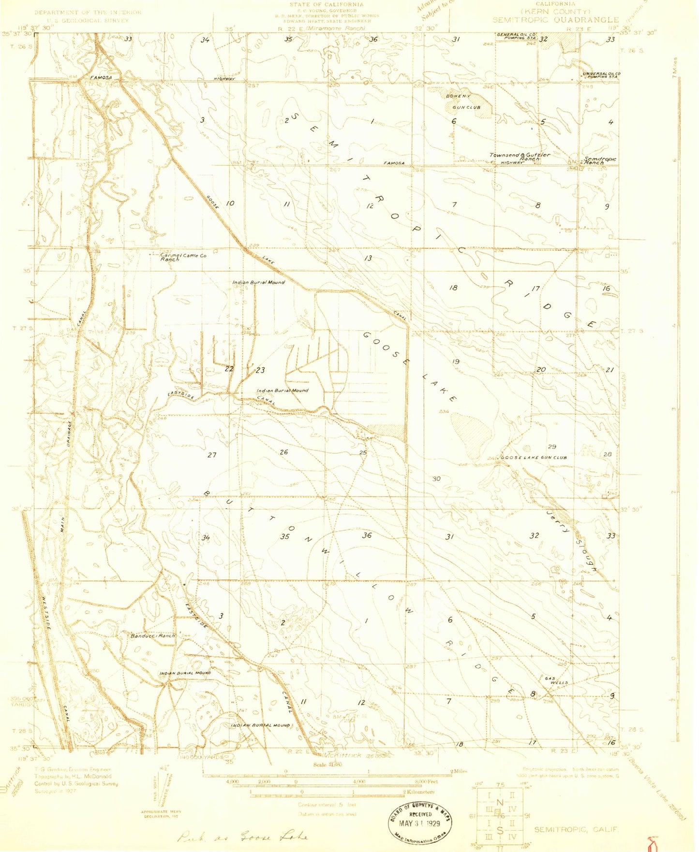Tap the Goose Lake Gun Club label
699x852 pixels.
point(534,457)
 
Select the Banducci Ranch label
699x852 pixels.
point(152,635)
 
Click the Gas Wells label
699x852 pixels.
point(556,680)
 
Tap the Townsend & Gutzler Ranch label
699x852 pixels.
point(520,157)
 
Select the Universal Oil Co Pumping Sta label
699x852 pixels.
point(601,75)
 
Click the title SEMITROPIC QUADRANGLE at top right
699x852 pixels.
point(555,20)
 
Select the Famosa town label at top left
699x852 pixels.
point(101,77)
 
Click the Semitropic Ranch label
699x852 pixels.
point(600,160)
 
